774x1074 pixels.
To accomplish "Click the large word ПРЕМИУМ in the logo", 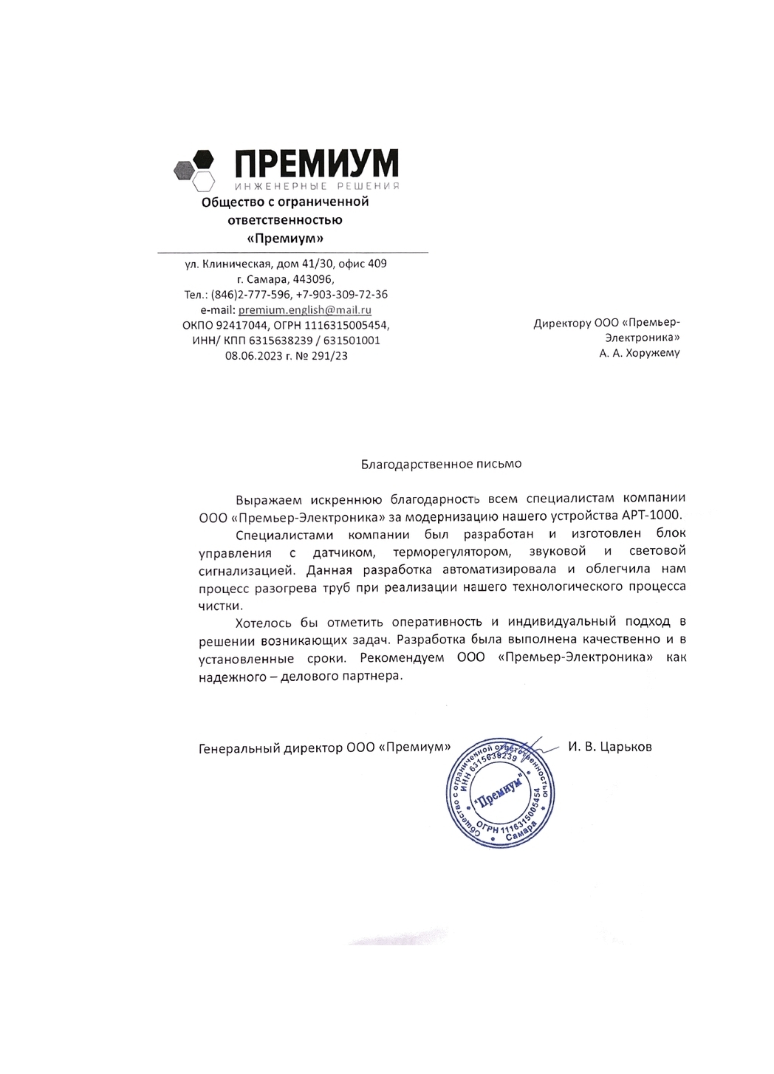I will (317, 163).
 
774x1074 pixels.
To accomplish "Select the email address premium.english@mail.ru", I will (305, 310).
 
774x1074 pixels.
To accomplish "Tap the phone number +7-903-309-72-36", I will (342, 295).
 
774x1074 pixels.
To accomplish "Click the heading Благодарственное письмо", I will (441, 464).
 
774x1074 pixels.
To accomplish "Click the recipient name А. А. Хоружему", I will (640, 353).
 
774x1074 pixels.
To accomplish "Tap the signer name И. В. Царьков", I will (610, 747).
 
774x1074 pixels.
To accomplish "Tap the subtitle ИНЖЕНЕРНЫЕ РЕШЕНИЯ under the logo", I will (317, 185).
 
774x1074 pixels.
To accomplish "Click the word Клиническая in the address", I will (234, 264).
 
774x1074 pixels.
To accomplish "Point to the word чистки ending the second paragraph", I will (219, 604).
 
